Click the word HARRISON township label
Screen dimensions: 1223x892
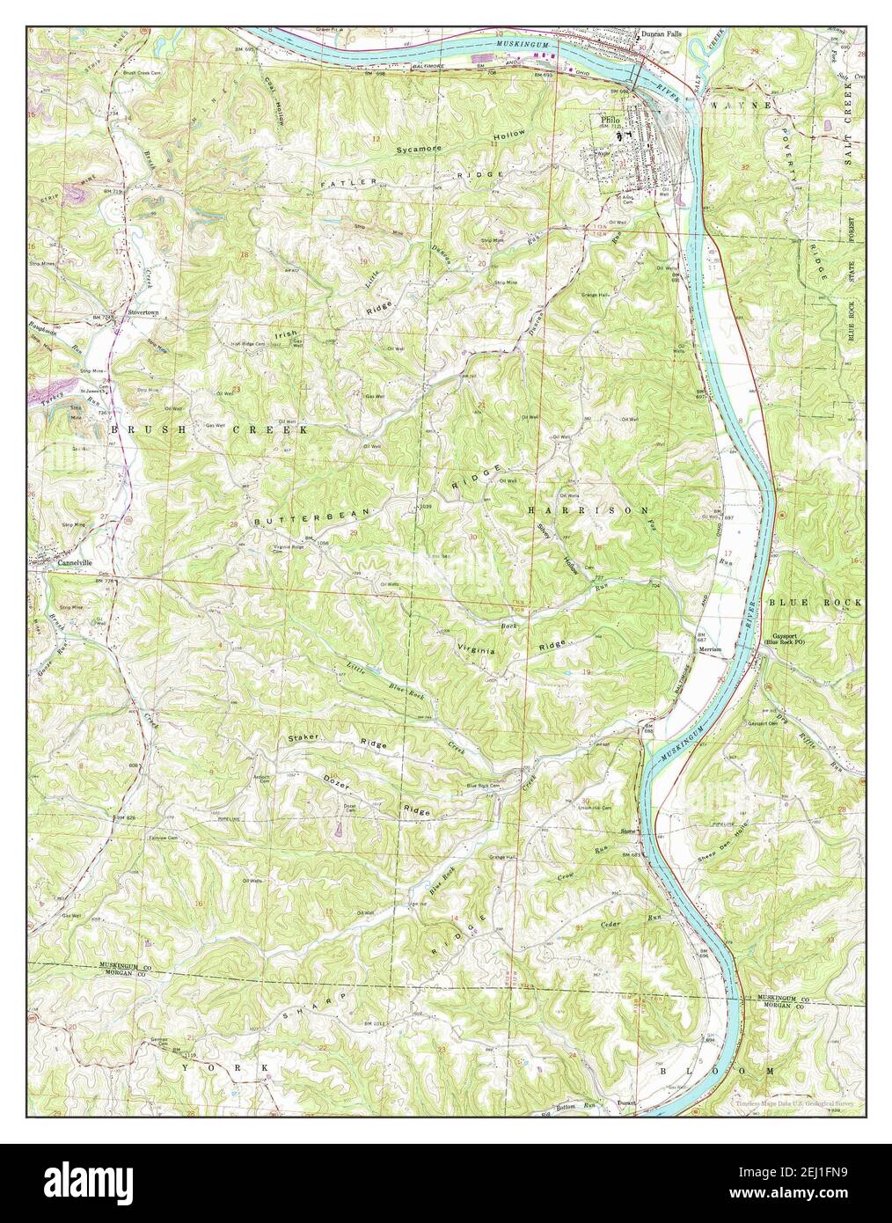coord(589,510)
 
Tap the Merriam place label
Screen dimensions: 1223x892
coord(709,649)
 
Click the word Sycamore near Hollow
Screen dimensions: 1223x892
coord(418,150)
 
